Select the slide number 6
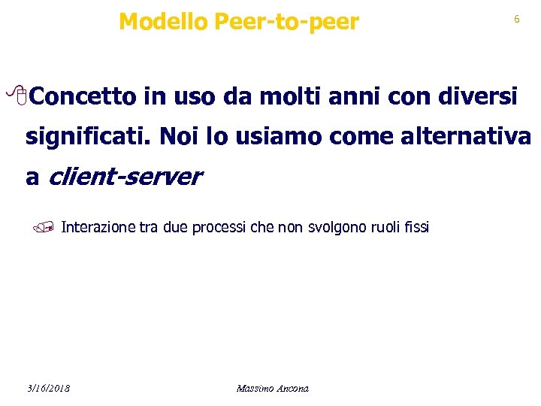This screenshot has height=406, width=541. pyautogui.click(x=516, y=20)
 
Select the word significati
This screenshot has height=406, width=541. pyautogui.click(x=88, y=138)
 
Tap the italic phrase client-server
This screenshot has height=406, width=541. pyautogui.click(x=125, y=177)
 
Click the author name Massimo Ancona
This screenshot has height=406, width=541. pyautogui.click(x=272, y=388)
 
